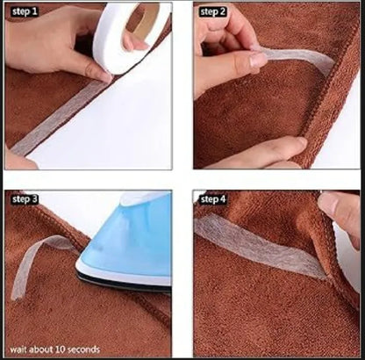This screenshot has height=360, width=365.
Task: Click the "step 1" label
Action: (x=25, y=11)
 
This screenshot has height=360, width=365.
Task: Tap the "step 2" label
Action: (x=213, y=11)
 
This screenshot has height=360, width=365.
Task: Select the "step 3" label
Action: (x=25, y=199)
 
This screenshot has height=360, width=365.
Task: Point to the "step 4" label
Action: (x=213, y=199)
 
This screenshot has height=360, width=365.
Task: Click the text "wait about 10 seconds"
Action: (x=54, y=349)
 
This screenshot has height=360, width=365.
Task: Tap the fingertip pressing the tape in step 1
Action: (x=104, y=76)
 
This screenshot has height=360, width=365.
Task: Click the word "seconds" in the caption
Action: (x=85, y=349)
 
